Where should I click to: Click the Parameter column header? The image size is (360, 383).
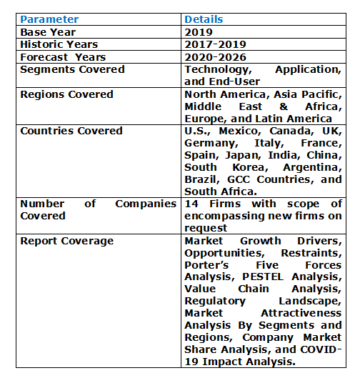[49, 19]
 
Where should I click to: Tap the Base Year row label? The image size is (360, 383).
[48, 32]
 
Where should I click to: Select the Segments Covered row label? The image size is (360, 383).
[72, 69]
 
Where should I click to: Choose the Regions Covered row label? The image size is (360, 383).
[66, 94]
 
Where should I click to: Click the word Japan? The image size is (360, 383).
[239, 155]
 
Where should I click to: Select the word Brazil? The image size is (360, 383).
[201, 179]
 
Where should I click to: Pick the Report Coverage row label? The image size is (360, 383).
[66, 241]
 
